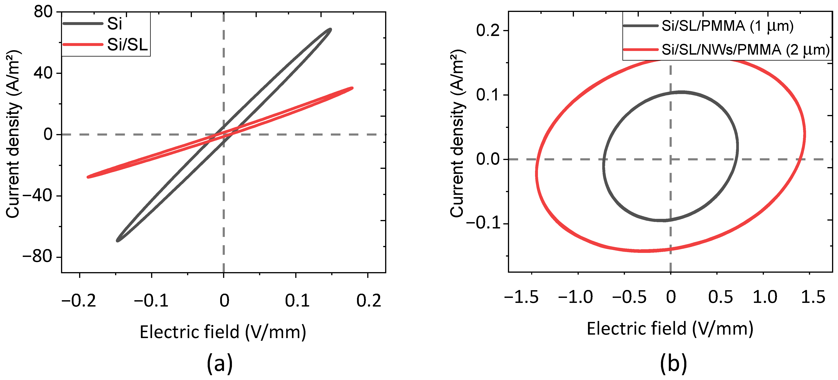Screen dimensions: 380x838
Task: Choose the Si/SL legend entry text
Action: (x=128, y=45)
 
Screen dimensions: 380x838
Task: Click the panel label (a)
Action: (x=220, y=363)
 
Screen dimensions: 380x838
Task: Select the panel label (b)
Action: (x=673, y=363)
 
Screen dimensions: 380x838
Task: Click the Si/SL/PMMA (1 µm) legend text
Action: (x=727, y=26)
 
